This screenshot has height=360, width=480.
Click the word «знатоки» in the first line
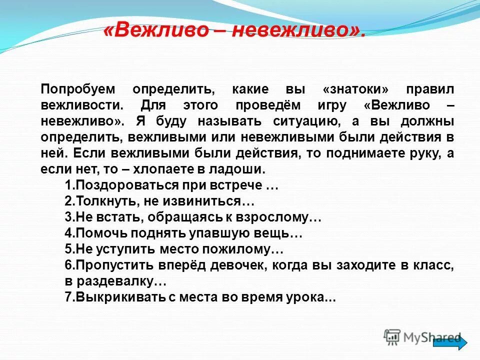tap(355, 89)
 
